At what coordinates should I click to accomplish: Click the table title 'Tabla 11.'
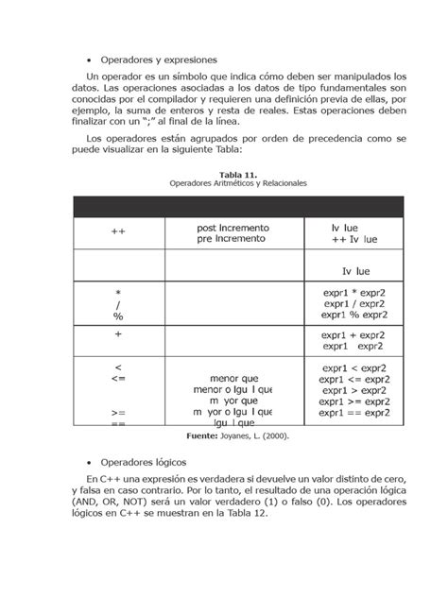[x=238, y=175]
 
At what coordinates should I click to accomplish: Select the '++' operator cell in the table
[x=118, y=230]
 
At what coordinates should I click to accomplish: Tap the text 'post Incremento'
[x=233, y=229]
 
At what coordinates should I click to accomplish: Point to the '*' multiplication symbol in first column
[x=118, y=294]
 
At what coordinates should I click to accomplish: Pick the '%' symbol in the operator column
[x=118, y=317]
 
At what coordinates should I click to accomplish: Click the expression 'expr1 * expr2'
[x=353, y=293]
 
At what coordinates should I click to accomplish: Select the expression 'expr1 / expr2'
[x=353, y=304]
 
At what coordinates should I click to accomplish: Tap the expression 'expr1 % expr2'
[x=353, y=316]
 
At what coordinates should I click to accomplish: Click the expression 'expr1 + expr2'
[x=353, y=335]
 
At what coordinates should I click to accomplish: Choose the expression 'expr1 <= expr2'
[x=354, y=378]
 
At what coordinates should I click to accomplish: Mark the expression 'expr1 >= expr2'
[x=354, y=401]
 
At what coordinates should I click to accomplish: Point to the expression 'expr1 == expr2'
[x=354, y=413]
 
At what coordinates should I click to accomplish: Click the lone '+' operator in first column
[x=118, y=334]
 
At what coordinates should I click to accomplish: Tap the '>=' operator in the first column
[x=118, y=413]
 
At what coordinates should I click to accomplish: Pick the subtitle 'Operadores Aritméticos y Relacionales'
[x=238, y=183]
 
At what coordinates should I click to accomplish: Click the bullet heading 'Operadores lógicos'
[x=143, y=463]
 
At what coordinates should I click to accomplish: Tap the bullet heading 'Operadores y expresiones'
[x=158, y=59]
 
